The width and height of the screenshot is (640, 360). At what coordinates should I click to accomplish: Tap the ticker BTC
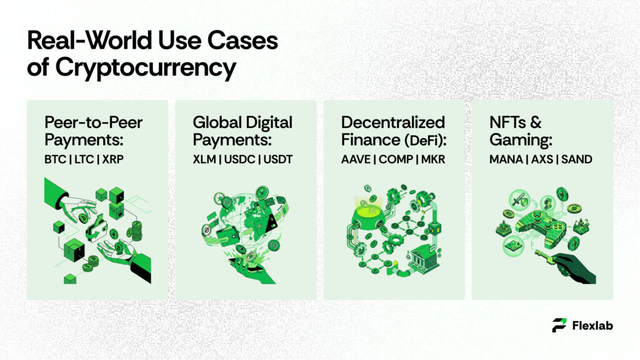(54, 160)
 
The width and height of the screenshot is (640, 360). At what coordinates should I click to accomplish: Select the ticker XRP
(112, 160)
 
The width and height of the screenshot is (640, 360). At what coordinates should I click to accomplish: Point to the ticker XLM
(204, 160)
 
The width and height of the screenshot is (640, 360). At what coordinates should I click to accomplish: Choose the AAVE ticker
(355, 160)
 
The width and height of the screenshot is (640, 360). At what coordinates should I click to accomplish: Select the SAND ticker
(576, 160)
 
